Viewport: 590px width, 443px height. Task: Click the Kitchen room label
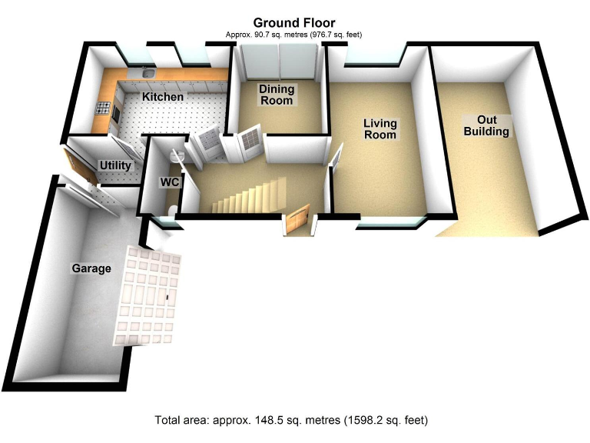tap(163, 97)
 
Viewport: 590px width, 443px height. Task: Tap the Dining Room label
tap(276, 95)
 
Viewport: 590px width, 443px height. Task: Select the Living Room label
tap(380, 128)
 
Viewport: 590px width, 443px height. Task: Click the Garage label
tap(91, 268)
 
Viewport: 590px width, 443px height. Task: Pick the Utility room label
tap(115, 165)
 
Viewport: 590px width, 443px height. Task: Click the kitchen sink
tap(147, 73)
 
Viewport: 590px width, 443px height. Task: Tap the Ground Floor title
tap(293, 23)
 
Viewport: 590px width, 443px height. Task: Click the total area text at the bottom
tap(291, 420)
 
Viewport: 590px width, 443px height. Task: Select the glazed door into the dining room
tap(248, 144)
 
